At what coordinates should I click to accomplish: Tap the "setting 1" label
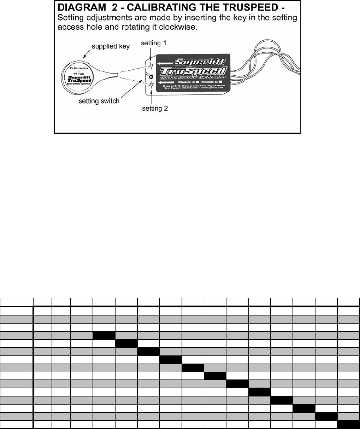(x=154, y=43)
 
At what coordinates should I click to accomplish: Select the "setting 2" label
(x=155, y=108)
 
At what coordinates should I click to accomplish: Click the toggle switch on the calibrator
(x=150, y=76)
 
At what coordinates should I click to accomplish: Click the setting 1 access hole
(x=150, y=65)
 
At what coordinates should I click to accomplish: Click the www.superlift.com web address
(x=211, y=88)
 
